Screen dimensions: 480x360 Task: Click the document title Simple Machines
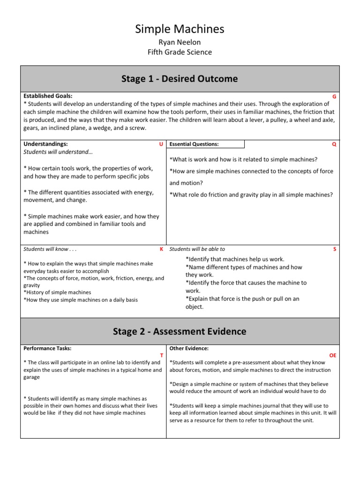(180, 29)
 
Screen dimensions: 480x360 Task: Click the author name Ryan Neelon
(180, 43)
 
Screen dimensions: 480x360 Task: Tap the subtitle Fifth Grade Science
(180, 52)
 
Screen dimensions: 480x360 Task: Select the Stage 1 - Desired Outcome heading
(180, 79)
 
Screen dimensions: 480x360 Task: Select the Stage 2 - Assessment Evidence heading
(180, 331)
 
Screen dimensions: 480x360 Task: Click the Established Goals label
(48, 96)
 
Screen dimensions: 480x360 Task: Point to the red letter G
(334, 97)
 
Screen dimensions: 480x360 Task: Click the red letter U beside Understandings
(161, 144)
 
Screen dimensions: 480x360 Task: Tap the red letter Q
(334, 144)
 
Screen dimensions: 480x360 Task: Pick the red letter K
(161, 249)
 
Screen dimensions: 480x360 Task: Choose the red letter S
(335, 249)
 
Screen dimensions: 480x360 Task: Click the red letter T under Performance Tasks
(161, 356)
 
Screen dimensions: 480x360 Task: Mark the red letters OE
(333, 356)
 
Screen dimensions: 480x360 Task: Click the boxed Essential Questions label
(194, 144)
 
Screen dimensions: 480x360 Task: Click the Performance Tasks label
(47, 348)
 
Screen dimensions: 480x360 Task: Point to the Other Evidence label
(189, 348)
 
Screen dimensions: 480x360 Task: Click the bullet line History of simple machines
(57, 292)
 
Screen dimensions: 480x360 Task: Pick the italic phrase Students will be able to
(197, 249)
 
